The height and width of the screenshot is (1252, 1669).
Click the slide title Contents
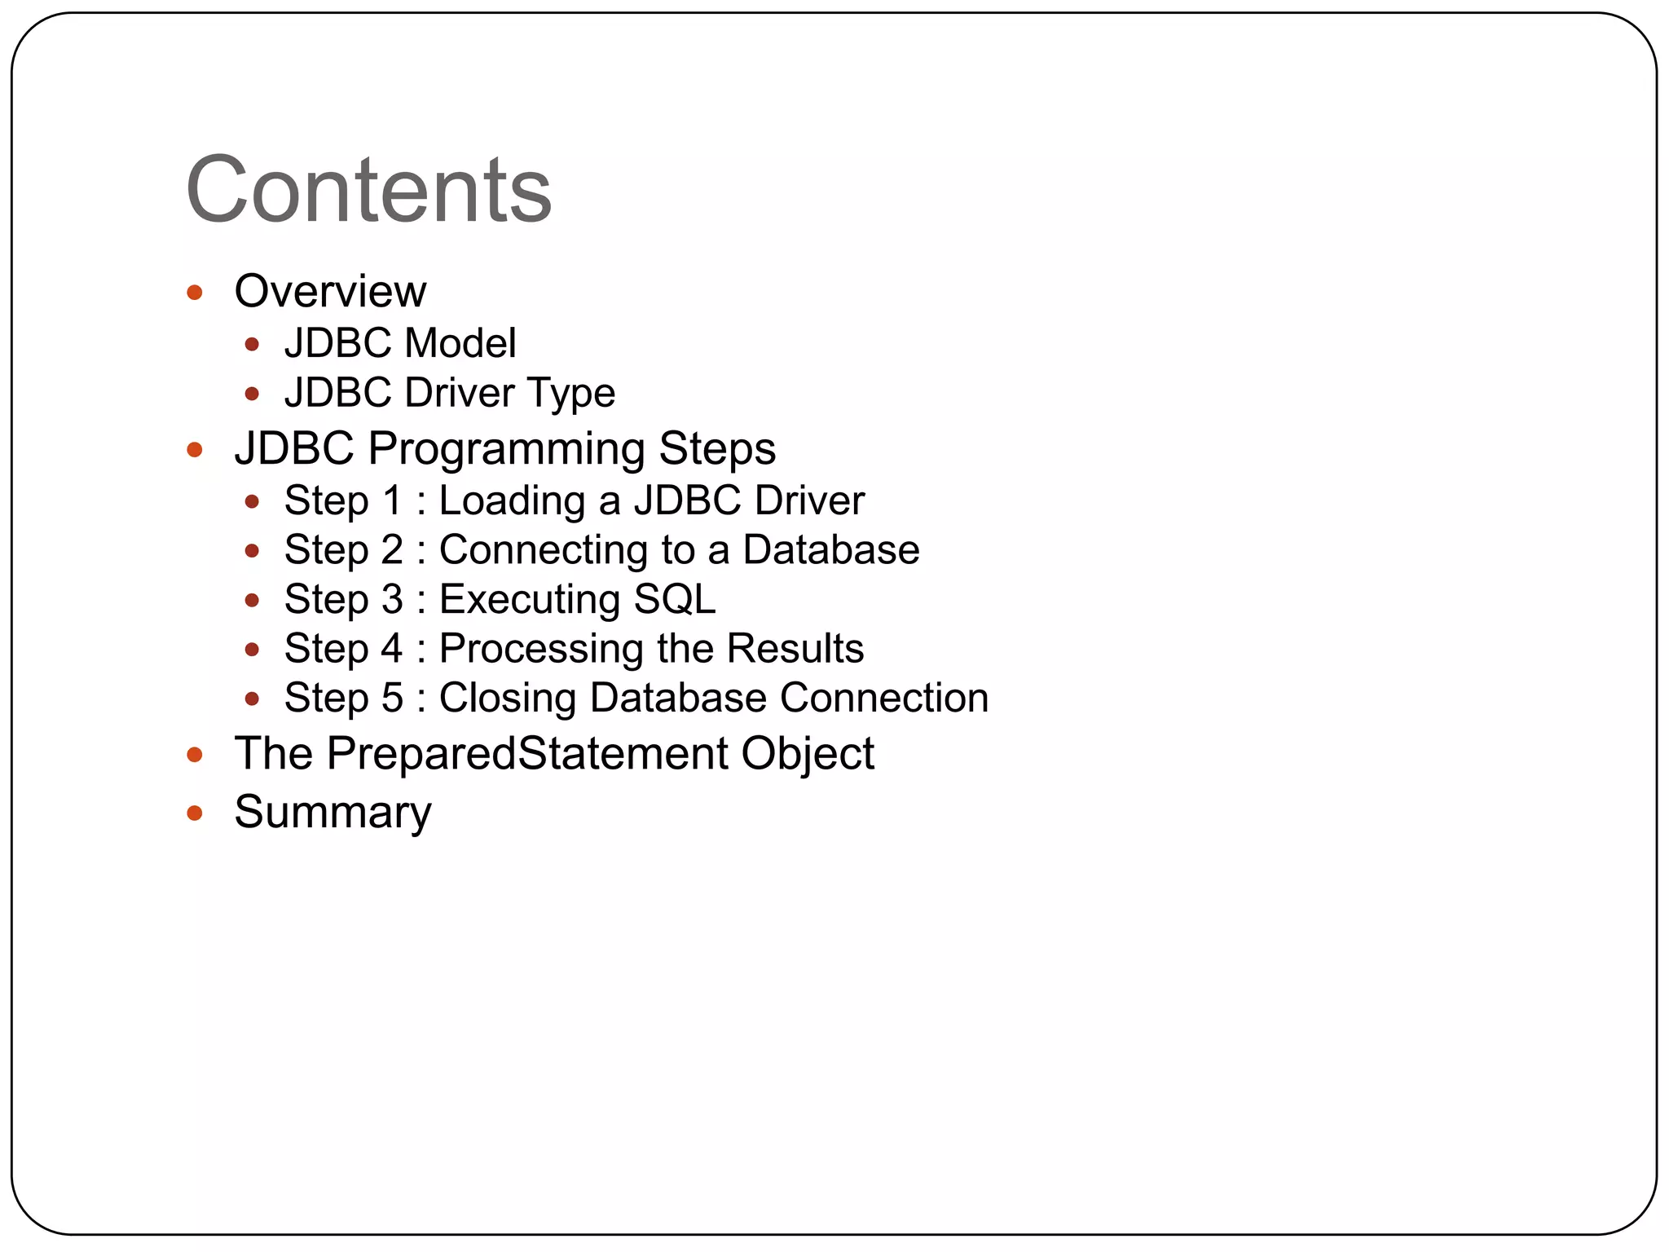pyautogui.click(x=368, y=190)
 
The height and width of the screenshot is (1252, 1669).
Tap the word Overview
pyautogui.click(x=330, y=292)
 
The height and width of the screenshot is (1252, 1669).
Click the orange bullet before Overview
pyautogui.click(x=194, y=293)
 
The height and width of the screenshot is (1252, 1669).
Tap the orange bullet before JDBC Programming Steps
pyautogui.click(x=194, y=450)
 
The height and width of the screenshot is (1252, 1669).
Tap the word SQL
pyautogui.click(x=675, y=600)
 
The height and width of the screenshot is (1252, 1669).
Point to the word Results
pyautogui.click(x=795, y=649)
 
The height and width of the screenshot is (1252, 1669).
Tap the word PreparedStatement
pyautogui.click(x=527, y=754)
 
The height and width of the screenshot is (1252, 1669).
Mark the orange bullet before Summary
pyautogui.click(x=194, y=813)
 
